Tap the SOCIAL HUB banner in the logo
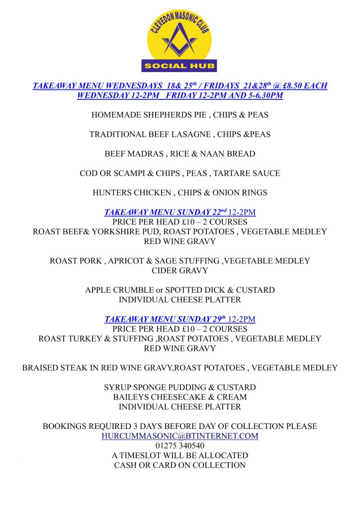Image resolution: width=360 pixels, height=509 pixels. pyautogui.click(x=180, y=66)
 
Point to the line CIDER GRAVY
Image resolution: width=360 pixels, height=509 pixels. pyautogui.click(x=180, y=271)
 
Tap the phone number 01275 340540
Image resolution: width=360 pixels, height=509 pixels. pyautogui.click(x=180, y=446)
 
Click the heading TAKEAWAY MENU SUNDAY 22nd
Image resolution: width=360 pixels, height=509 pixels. pyautogui.click(x=165, y=212)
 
